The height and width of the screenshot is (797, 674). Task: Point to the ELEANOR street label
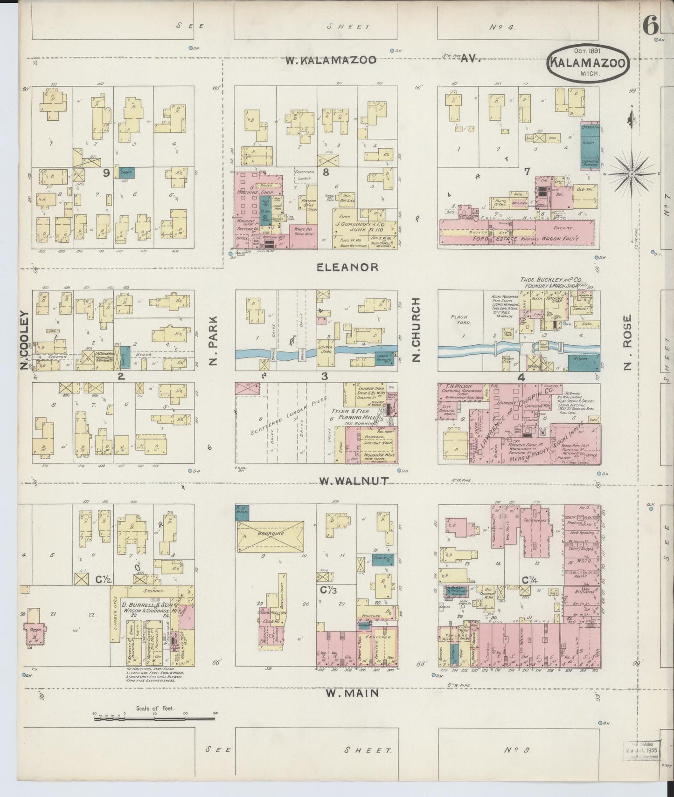(347, 267)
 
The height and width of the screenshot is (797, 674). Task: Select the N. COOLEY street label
(24, 340)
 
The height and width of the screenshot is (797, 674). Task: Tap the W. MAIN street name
(352, 693)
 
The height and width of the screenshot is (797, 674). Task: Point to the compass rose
(632, 174)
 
